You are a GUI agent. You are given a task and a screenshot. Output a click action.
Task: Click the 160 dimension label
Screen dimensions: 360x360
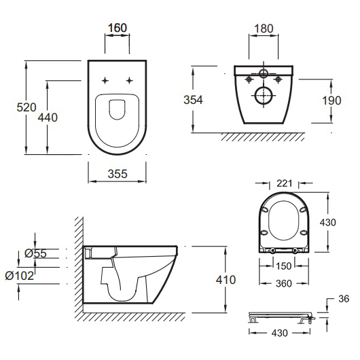point(118,28)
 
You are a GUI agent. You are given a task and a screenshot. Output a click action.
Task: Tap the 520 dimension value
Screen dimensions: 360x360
point(26,107)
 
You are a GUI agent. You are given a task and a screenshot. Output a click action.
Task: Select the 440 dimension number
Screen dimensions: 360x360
point(48,118)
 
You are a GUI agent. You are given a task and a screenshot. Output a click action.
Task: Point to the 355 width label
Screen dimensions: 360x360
point(118,174)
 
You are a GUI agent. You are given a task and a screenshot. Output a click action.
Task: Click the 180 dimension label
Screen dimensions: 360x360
point(264,29)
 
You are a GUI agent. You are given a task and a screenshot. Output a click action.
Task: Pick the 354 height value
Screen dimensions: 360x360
point(193,100)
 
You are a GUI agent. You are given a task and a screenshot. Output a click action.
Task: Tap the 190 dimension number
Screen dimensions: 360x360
point(331,101)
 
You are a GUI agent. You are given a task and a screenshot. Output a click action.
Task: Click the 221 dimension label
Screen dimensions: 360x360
point(284,183)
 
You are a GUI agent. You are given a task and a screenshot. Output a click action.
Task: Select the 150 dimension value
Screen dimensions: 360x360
point(284,266)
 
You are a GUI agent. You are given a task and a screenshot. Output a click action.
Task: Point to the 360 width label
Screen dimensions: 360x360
point(284,283)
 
